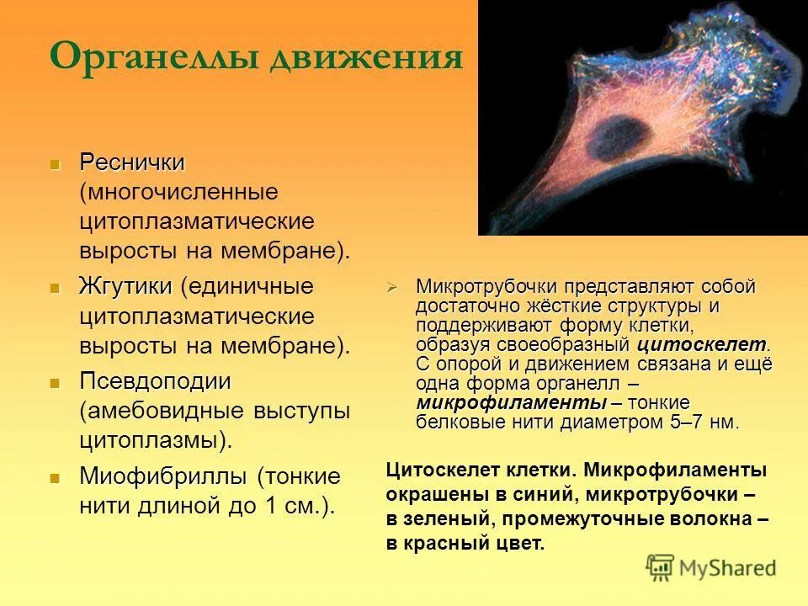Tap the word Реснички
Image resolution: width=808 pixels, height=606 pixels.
132,162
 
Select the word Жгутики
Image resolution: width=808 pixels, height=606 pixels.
125,286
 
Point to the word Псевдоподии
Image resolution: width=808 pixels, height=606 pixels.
155,381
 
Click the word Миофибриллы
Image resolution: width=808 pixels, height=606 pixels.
163,476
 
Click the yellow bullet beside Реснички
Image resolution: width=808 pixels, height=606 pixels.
56,163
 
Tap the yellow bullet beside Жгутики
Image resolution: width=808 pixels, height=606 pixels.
56,288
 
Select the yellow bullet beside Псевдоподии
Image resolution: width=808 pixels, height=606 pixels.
56,383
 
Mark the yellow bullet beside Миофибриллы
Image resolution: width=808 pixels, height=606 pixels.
56,478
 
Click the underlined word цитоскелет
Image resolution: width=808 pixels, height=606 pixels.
702,344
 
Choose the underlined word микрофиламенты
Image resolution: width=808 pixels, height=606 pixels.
484,402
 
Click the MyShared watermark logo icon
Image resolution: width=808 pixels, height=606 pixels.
660,568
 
